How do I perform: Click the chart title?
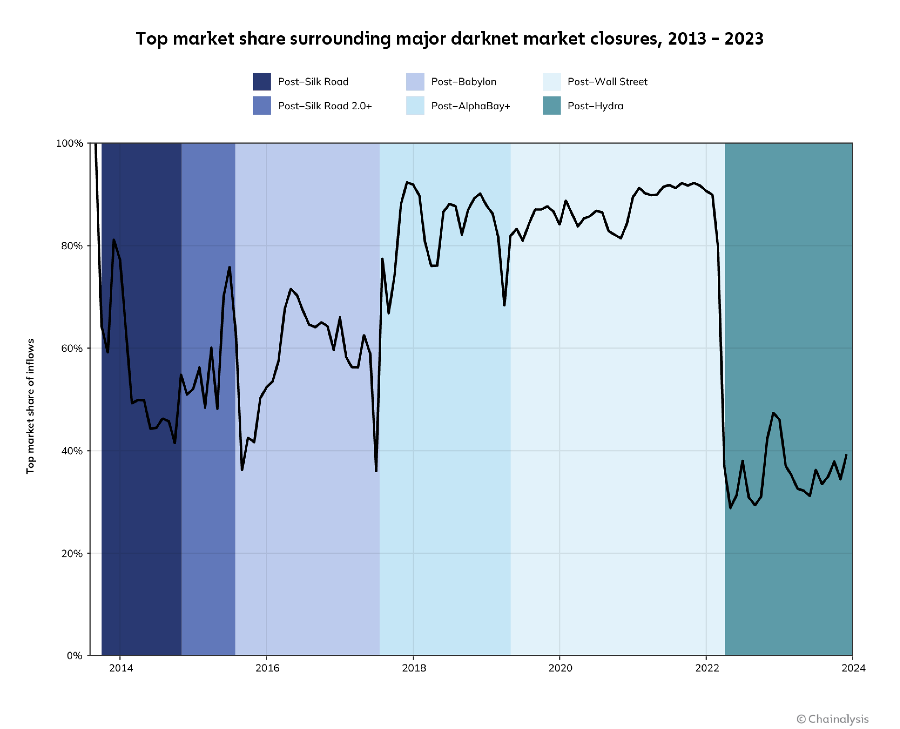pos(449,39)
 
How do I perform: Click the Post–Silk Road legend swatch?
pos(262,82)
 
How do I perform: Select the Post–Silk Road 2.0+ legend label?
pos(325,106)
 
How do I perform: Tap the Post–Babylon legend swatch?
pos(415,82)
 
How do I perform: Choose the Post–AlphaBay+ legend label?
pos(470,106)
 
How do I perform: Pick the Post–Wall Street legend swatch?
pos(551,82)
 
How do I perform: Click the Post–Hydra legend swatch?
pos(551,106)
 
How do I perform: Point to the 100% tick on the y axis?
pos(70,143)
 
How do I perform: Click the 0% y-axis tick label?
pos(74,656)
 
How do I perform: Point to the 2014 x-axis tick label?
pos(121,668)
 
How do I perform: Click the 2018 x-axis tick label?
pos(414,668)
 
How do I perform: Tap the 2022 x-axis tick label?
pos(707,668)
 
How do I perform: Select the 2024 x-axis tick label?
pos(853,668)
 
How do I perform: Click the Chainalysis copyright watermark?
pos(832,719)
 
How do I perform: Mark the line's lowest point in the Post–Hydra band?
pos(730,508)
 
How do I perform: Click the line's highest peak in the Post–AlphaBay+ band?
pos(407,182)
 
